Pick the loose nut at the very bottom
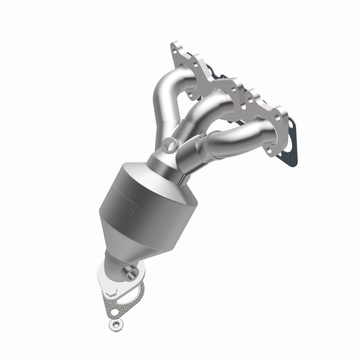click(x=113, y=324)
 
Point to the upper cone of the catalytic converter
click(x=148, y=180)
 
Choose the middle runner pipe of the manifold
click(x=202, y=108)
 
